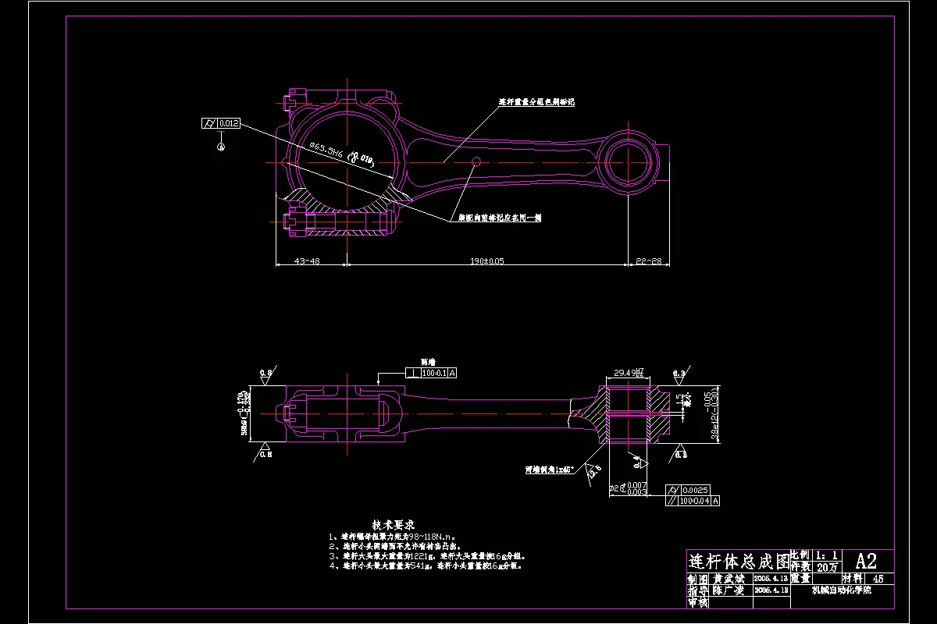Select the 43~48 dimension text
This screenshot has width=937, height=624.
click(306, 261)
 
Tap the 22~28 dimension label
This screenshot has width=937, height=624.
click(649, 261)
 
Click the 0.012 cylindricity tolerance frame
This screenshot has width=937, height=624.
click(221, 123)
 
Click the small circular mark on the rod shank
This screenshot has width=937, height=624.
click(476, 161)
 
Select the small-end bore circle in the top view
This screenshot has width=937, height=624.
click(629, 161)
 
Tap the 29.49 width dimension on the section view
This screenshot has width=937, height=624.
click(628, 372)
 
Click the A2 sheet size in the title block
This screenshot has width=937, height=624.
click(866, 560)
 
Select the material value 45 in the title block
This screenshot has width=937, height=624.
click(878, 580)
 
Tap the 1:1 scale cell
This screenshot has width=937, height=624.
click(827, 555)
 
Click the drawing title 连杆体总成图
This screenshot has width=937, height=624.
click(738, 561)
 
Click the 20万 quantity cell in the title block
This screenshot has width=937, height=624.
click(827, 566)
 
